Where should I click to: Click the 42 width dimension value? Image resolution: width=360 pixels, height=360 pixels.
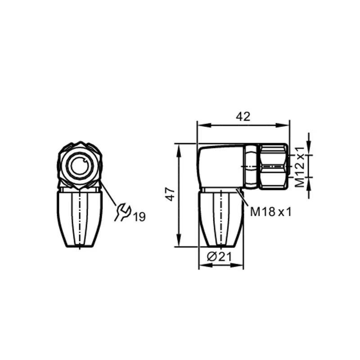click(x=243, y=117)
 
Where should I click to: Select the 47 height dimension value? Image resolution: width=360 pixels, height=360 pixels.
click(x=170, y=195)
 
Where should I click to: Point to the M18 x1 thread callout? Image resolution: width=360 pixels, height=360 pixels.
click(x=270, y=211)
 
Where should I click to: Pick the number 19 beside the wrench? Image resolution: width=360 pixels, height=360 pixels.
click(x=139, y=217)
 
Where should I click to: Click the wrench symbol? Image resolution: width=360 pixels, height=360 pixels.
click(x=122, y=212)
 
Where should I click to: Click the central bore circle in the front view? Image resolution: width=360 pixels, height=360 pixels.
click(x=80, y=167)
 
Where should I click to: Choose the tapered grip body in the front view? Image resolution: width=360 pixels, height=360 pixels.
click(x=80, y=220)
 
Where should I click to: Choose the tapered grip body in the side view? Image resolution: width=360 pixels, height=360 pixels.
click(x=221, y=220)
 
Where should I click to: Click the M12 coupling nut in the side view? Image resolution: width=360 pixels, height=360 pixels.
click(x=274, y=166)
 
